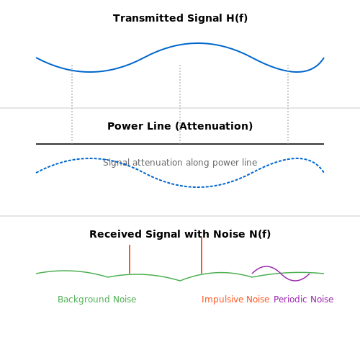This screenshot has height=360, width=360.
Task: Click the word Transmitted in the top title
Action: click(x=148, y=18)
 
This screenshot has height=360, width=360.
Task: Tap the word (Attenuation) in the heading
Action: click(x=214, y=126)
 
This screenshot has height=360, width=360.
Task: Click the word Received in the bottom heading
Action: click(x=115, y=234)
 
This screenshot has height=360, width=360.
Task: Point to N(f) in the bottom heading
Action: click(x=260, y=234)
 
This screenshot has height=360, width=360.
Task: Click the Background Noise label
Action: click(x=97, y=300)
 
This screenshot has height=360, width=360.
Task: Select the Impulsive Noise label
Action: click(x=235, y=300)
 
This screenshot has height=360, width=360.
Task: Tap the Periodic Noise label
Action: click(x=304, y=300)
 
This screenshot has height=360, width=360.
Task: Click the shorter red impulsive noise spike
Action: click(x=130, y=259)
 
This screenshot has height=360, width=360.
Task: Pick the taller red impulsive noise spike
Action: click(x=202, y=256)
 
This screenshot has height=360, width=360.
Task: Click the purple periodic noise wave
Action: click(x=281, y=274)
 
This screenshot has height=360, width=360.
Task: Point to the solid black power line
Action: click(x=180, y=144)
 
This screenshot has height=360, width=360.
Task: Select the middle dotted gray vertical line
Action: click(x=180, y=104)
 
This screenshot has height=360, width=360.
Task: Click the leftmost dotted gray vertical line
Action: click(x=72, y=104)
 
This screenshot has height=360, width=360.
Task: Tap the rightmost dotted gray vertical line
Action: click(x=288, y=104)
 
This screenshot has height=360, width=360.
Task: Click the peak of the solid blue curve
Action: click(x=198, y=43)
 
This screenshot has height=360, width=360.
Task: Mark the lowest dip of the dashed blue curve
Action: click(x=198, y=187)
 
